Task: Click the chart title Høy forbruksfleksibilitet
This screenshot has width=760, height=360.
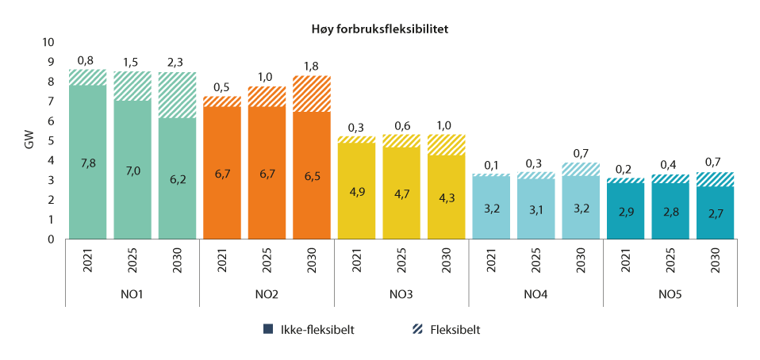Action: tap(380, 29)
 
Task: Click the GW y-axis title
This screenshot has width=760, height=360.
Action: tap(29, 140)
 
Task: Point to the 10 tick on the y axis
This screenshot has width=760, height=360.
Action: tap(48, 42)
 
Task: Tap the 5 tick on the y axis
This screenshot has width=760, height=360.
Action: tap(52, 140)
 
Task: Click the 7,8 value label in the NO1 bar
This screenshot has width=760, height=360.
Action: tap(87, 162)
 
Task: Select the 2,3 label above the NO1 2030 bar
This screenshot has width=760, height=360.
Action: tap(177, 60)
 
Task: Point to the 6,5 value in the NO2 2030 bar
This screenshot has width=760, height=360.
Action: tap(311, 174)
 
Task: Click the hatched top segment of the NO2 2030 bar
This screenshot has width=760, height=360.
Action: tap(311, 94)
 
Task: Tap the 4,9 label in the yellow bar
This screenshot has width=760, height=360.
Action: tap(356, 191)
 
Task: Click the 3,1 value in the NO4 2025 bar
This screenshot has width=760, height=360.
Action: tap(535, 209)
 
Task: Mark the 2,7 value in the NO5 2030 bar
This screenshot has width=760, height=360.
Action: tap(715, 213)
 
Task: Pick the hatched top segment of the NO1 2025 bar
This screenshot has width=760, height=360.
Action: tap(132, 86)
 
